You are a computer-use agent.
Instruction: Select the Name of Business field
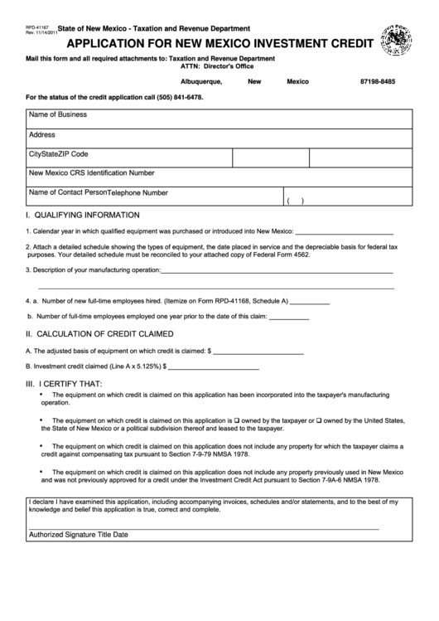[x=57, y=114]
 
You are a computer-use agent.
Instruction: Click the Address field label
[x=42, y=134]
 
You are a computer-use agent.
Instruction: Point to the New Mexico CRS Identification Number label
[x=91, y=173]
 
